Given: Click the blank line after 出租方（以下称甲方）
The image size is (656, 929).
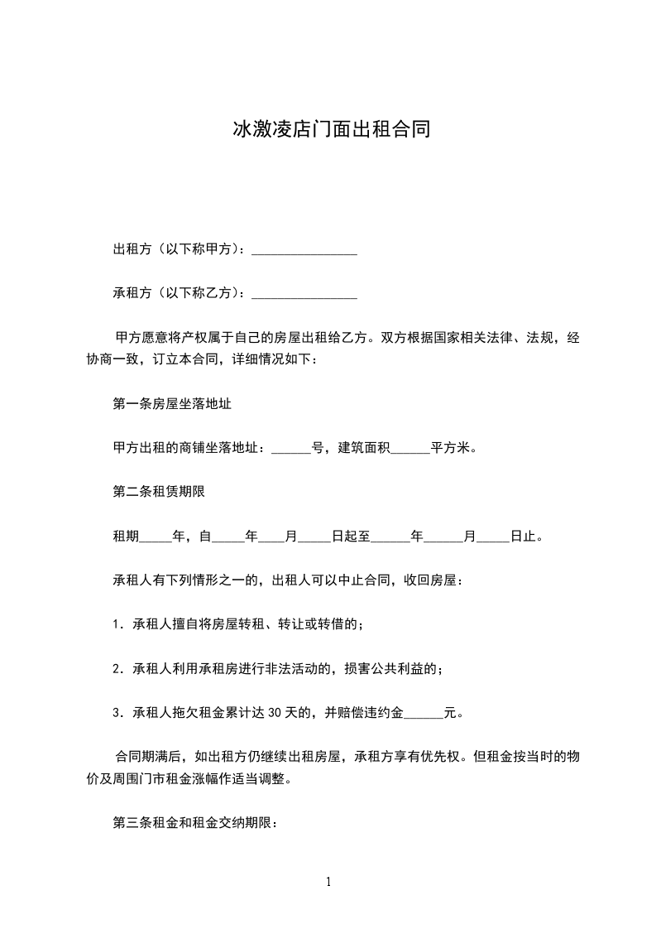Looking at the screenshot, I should click(304, 250).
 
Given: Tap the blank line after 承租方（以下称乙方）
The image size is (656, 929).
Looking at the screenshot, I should click(304, 293).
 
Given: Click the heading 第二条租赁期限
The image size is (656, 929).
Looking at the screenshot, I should click(158, 491).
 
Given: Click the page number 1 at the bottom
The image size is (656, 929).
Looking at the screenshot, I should click(328, 882).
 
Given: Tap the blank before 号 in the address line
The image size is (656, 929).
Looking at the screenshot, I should click(290, 450).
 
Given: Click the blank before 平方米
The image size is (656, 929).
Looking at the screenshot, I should click(409, 450).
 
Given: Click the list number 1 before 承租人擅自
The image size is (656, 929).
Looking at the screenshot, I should click(117, 623).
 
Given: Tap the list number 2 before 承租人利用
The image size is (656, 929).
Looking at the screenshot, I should click(117, 667).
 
